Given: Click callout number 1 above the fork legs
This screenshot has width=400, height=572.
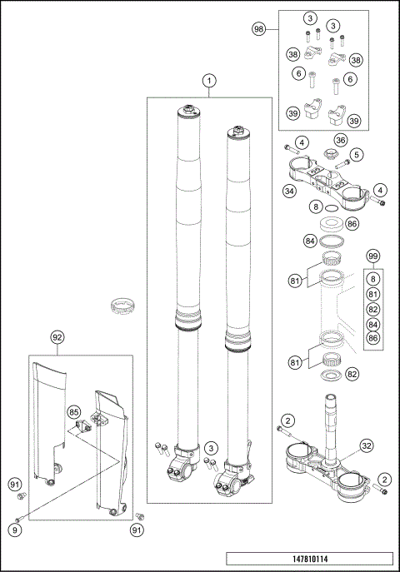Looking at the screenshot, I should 209,81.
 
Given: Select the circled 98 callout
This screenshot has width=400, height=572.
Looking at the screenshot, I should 258,28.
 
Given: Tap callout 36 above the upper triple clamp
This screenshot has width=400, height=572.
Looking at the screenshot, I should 340,140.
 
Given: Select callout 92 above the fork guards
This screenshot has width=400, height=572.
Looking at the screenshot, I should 57,338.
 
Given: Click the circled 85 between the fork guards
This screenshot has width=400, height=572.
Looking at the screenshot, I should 73,411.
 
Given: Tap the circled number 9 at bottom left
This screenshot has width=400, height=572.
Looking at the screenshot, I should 17,527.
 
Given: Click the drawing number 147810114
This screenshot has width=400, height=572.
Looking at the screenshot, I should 311,561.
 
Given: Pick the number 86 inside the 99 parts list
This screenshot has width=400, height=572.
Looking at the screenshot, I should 373,338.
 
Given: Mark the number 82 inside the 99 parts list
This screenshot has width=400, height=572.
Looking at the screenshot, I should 373,309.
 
